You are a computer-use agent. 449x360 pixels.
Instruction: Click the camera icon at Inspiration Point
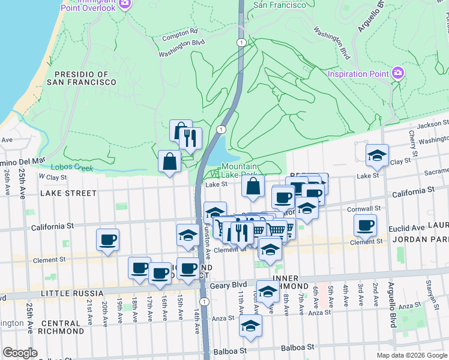[397, 73]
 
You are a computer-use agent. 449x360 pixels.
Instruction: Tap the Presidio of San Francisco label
[85, 78]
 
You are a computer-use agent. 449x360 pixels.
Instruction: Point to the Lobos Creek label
[72, 167]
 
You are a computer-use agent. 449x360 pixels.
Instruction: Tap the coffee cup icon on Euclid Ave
[365, 226]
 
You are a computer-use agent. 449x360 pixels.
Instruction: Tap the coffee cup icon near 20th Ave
[107, 240]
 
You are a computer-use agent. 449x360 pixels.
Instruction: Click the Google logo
[20, 353]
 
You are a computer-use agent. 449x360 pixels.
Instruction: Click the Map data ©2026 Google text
[411, 355]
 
